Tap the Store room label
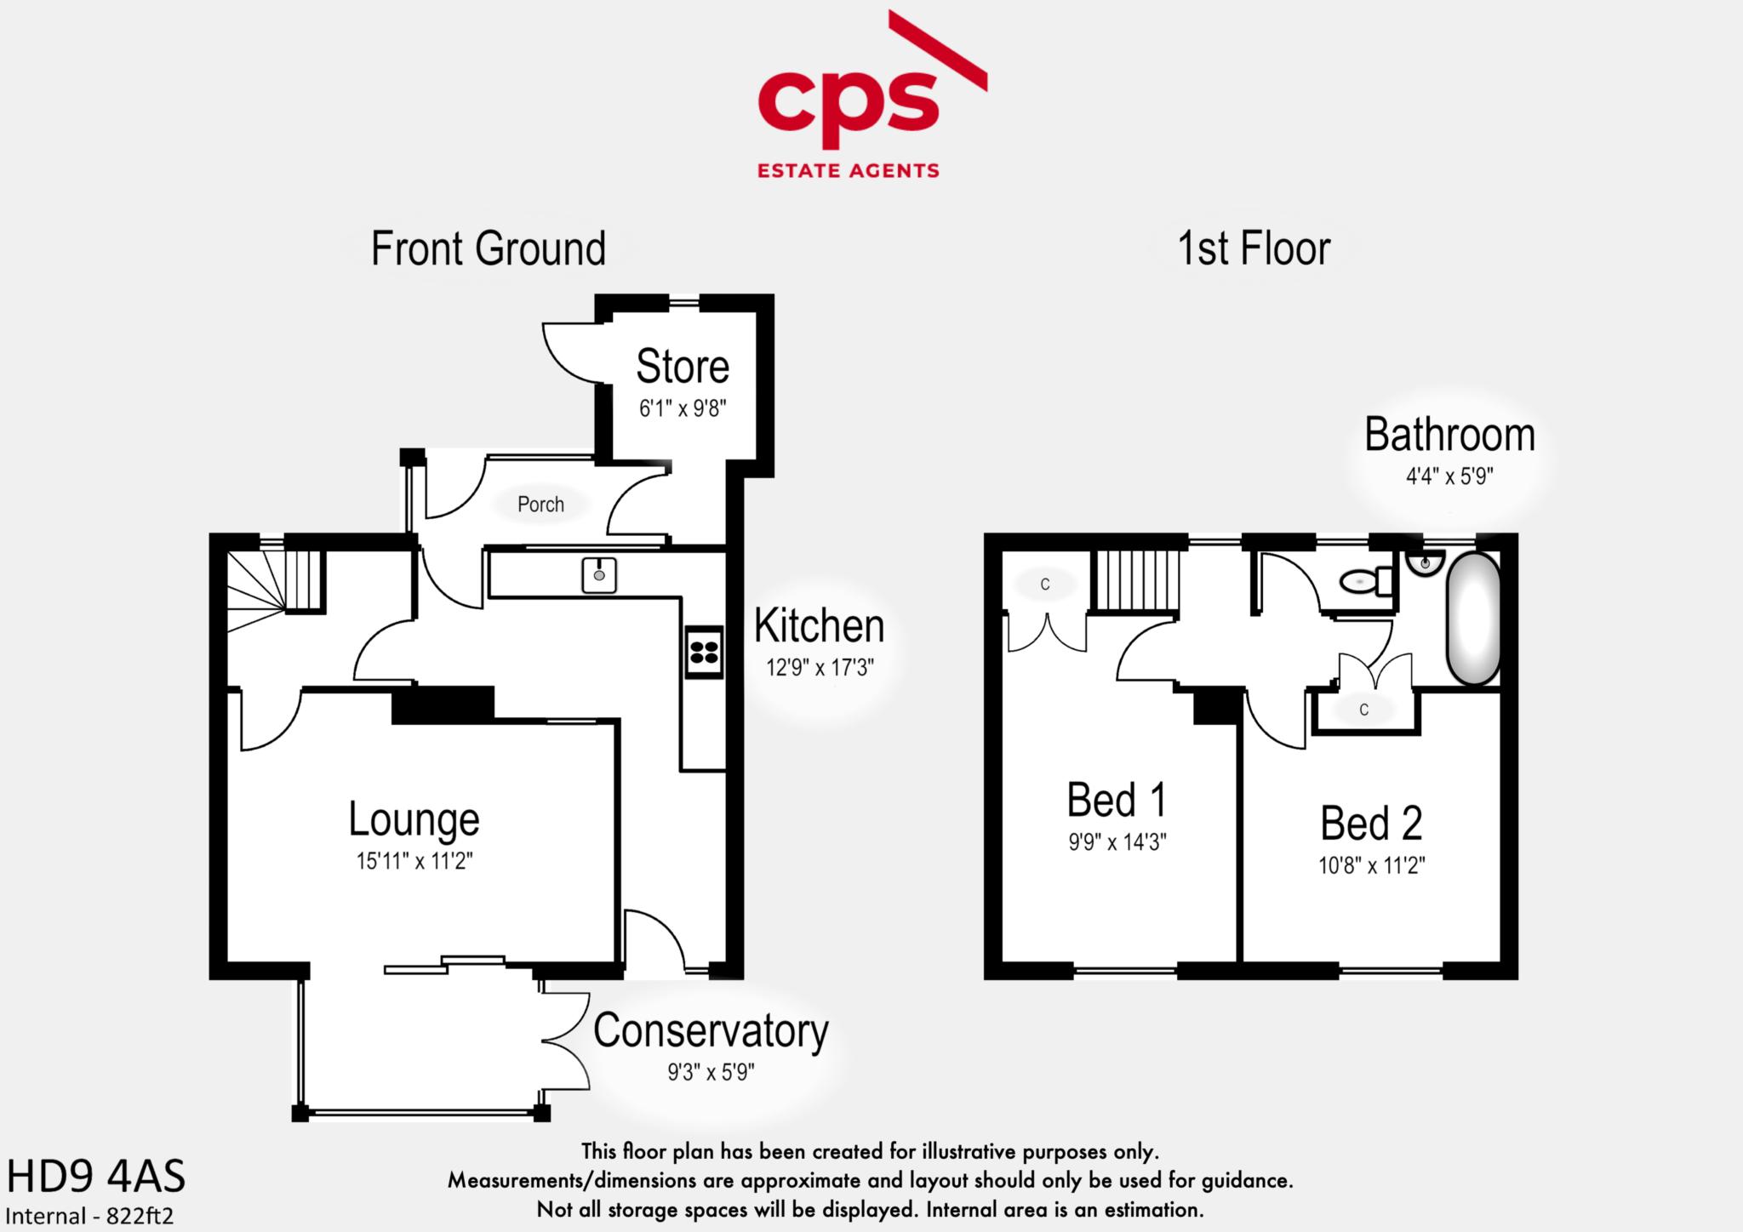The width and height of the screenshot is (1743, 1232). pos(683,367)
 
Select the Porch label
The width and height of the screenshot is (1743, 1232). pos(540,505)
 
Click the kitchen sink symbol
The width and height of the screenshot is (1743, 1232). pos(599,575)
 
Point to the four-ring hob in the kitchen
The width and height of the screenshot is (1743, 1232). pos(705,653)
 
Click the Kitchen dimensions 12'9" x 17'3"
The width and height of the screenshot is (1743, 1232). pos(820,668)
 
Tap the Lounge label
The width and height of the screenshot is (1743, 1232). pos(414,818)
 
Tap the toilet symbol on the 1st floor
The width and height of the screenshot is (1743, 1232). pos(1365,582)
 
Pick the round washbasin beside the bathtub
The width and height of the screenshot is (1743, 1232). pos(1425,562)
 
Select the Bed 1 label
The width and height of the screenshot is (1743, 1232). pos(1117,800)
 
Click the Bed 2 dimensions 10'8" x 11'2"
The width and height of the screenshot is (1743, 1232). pos(1371,865)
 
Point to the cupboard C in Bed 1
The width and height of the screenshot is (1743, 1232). pos(1045,585)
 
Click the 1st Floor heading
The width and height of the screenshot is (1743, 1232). pos(1253,249)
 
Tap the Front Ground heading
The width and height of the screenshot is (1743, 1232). pos(488,249)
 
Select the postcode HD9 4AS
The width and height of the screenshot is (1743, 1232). pos(95,1178)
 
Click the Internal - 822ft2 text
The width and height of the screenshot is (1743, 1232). pos(89,1216)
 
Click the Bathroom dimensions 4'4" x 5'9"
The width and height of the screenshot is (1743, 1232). pos(1449,476)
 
